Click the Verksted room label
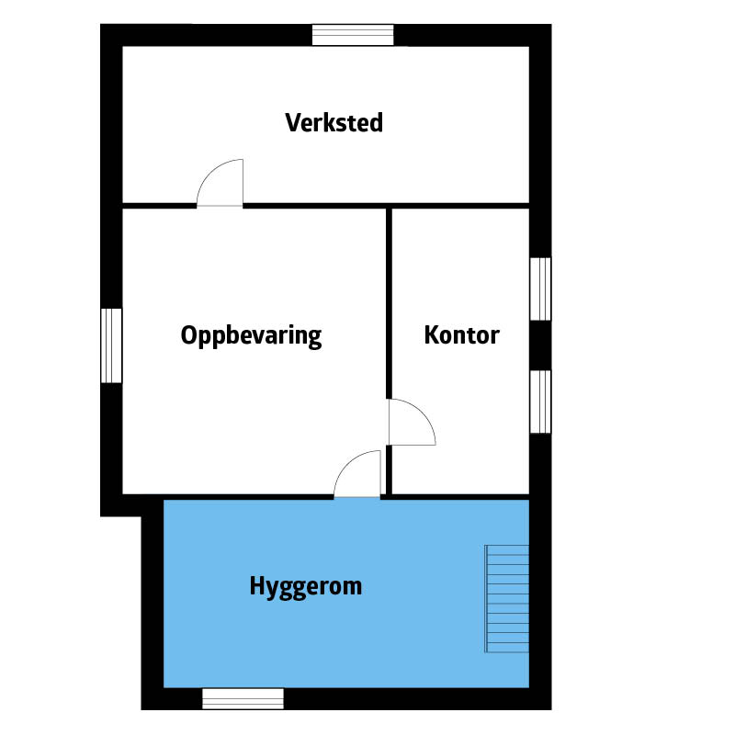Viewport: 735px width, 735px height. (334, 123)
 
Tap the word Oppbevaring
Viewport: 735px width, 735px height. (251, 336)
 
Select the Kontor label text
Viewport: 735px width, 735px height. (462, 335)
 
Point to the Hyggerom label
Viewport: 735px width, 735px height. (306, 587)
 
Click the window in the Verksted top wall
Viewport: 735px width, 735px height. (353, 35)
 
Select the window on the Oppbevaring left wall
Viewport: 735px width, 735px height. (111, 345)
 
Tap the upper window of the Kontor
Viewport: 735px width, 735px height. (540, 288)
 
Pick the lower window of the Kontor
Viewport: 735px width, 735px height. (540, 401)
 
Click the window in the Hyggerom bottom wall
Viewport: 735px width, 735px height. (243, 698)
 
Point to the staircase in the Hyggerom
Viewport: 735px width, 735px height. (507, 599)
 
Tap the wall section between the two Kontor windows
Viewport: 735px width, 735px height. (540, 345)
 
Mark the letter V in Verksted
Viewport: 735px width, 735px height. (293, 123)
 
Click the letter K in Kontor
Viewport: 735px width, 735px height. (432, 335)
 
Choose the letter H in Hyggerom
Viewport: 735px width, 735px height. (257, 585)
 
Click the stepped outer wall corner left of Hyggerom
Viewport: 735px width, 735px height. (141, 516)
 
